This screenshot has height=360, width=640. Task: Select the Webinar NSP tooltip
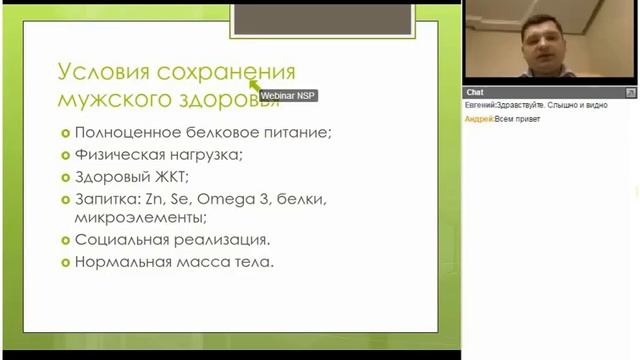click(288, 96)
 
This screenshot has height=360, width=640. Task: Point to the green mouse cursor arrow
click(253, 84)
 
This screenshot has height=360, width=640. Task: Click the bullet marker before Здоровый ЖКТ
click(65, 178)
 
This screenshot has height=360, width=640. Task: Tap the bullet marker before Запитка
click(65, 200)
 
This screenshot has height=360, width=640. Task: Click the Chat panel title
click(475, 92)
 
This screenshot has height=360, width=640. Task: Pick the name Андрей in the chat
click(478, 118)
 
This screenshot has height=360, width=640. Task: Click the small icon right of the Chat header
click(631, 92)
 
